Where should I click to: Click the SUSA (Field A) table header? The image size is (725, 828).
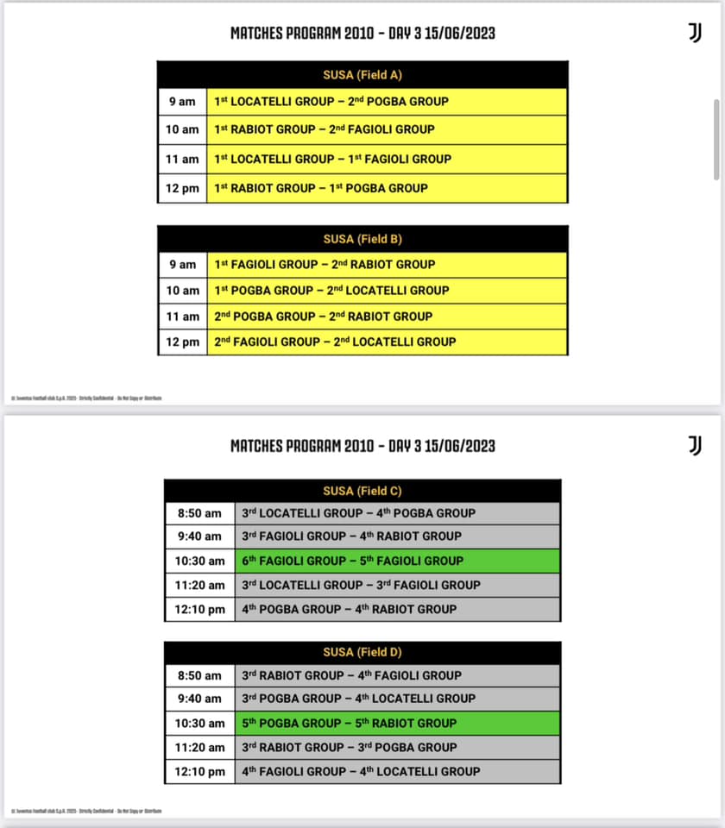(362, 74)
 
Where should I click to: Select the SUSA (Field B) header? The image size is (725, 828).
(362, 239)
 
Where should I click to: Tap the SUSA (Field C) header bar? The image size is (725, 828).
(362, 491)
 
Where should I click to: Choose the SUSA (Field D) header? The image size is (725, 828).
(362, 652)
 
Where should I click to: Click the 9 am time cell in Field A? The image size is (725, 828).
(182, 102)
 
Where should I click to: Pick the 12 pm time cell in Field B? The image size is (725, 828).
(182, 342)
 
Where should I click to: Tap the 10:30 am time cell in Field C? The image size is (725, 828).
(200, 561)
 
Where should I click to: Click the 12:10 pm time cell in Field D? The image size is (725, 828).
(200, 771)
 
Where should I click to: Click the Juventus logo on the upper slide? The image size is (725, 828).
(695, 32)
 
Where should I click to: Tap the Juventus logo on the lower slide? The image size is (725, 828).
(695, 445)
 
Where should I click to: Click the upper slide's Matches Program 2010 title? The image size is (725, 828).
(362, 34)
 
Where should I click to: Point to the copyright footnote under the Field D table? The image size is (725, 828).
(86, 811)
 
